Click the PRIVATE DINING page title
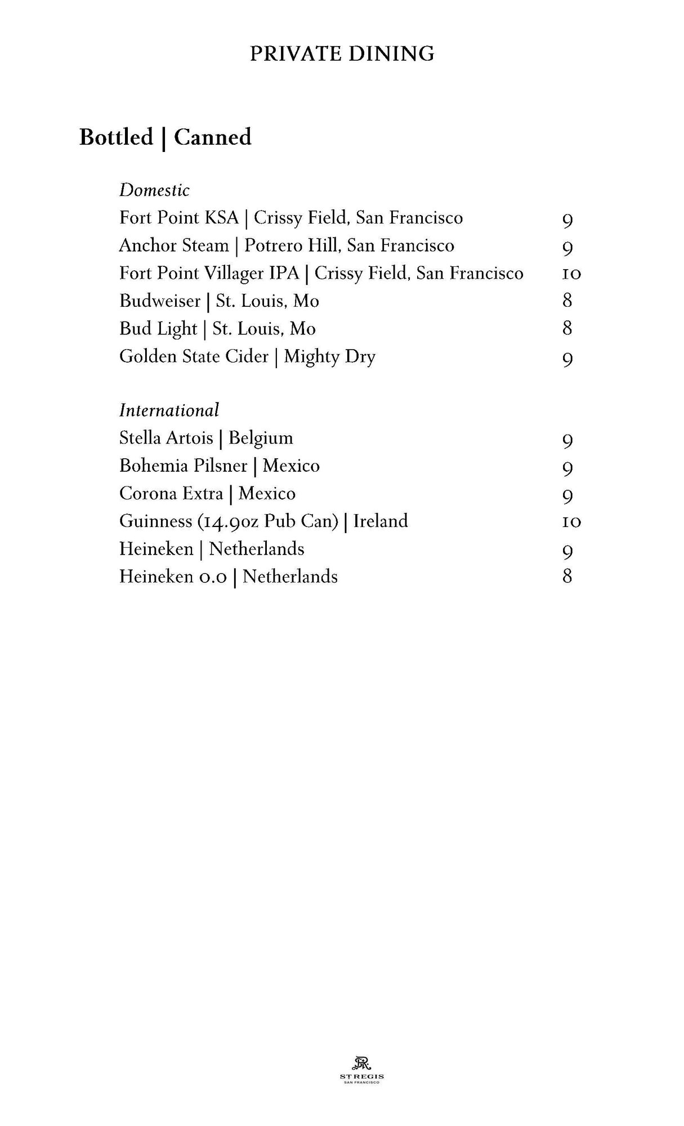tap(342, 54)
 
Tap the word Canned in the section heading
tap(212, 137)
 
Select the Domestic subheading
tap(154, 190)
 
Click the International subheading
tap(169, 410)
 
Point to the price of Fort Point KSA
tap(567, 220)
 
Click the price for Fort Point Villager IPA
tap(571, 274)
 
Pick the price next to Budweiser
tap(567, 301)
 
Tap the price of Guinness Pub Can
tap(571, 522)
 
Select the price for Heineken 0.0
tap(567, 577)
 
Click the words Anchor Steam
tap(173, 246)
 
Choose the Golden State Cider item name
tap(194, 357)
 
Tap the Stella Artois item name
tap(166, 438)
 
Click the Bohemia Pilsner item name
tap(183, 466)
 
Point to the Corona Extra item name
tap(171, 494)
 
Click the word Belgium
tap(261, 438)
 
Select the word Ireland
tap(381, 521)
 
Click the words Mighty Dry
tap(329, 357)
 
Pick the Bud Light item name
tap(158, 329)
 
